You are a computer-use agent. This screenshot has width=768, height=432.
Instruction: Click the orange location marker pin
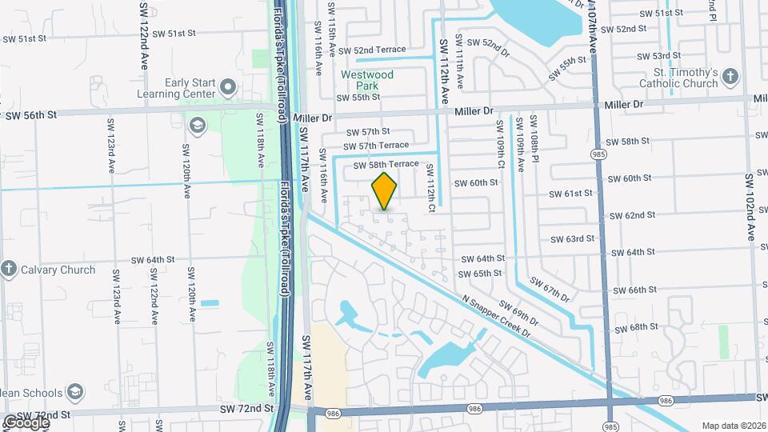pyautogui.click(x=385, y=191)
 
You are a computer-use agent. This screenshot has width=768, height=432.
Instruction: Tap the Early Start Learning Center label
pyautogui.click(x=191, y=87)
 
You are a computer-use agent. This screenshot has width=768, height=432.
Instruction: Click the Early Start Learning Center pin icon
pyautogui.click(x=228, y=86)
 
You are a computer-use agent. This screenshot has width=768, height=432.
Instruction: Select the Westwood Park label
pyautogui.click(x=367, y=80)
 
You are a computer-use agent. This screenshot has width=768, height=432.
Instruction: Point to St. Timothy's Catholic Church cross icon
pyautogui.click(x=730, y=77)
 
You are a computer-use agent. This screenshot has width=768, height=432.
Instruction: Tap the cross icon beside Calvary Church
pyautogui.click(x=9, y=269)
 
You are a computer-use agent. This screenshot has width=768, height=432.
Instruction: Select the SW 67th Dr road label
pyautogui.click(x=548, y=290)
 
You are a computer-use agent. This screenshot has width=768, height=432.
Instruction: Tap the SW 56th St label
pyautogui.click(x=31, y=115)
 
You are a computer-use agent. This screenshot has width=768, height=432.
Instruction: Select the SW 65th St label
pyautogui.click(x=481, y=273)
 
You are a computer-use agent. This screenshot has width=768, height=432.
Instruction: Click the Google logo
pyautogui.click(x=26, y=422)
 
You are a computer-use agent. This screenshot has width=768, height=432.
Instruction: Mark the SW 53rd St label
pyautogui.click(x=658, y=56)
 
